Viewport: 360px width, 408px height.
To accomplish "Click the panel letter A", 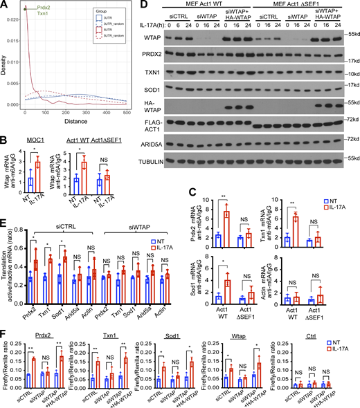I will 5,6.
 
